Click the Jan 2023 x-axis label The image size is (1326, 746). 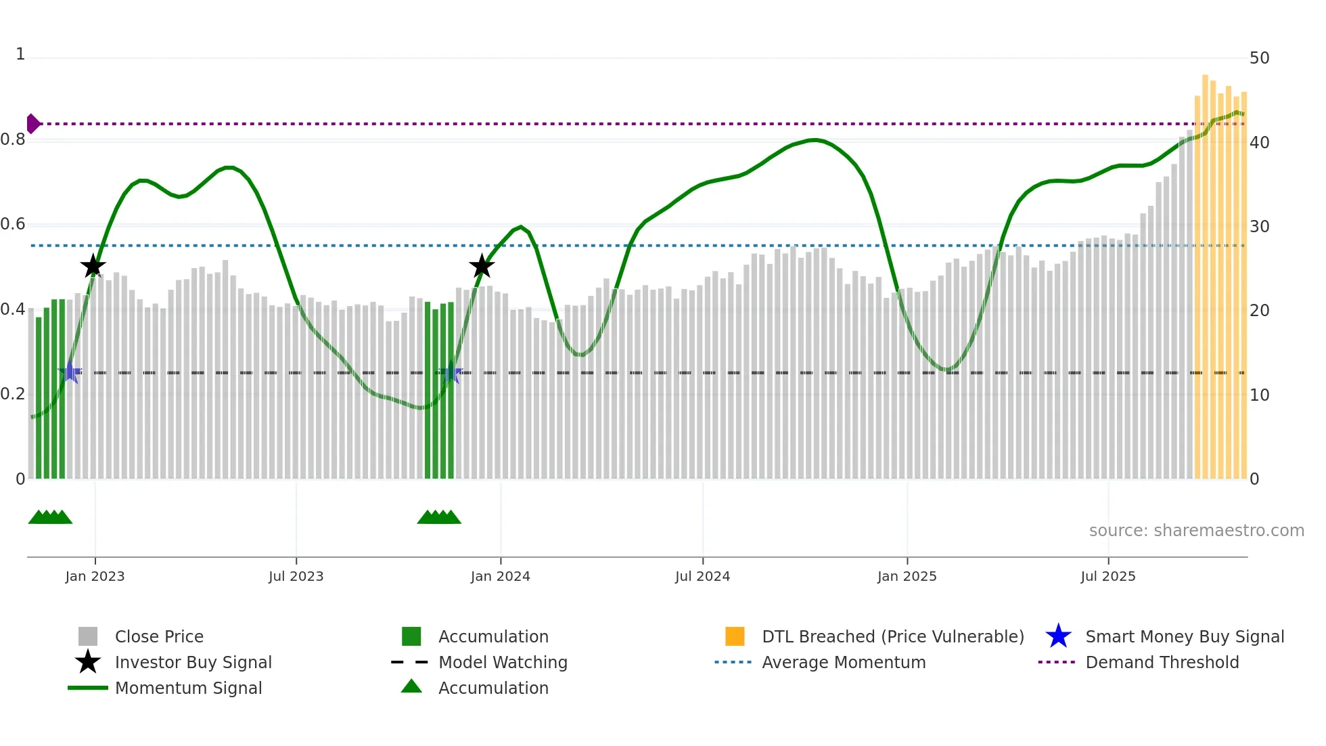(95, 576)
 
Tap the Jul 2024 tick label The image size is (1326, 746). (702, 576)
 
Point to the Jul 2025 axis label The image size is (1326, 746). (1107, 576)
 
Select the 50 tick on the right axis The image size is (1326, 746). (1259, 58)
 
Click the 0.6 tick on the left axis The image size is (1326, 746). (13, 224)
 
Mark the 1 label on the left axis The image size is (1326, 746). (20, 54)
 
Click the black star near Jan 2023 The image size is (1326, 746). (93, 266)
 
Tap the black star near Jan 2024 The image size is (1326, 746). (482, 266)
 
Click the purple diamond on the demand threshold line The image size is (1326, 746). (32, 124)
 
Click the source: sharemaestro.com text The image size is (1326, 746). (1196, 531)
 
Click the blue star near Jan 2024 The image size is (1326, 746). (451, 373)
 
